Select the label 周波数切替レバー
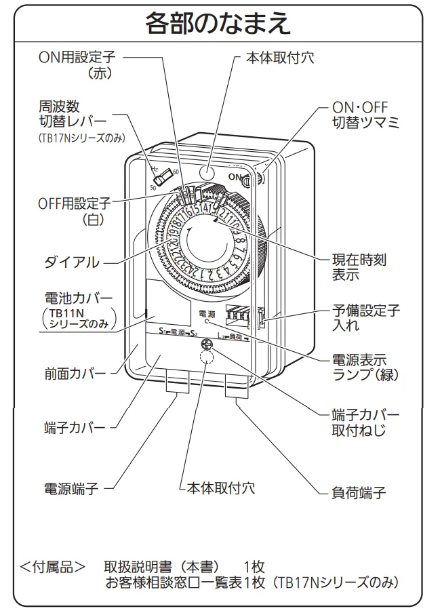click(73, 114)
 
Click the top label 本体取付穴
click(281, 58)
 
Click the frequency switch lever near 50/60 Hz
click(163, 180)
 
